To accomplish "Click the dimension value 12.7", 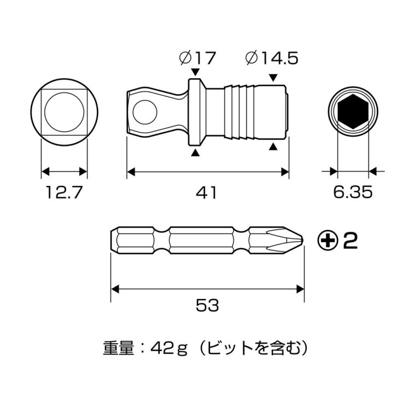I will [64, 192].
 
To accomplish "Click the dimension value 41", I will [207, 192].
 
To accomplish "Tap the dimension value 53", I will [207, 305].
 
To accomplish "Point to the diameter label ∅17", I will [197, 58].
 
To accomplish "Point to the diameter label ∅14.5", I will [272, 58].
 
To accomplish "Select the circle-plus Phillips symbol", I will [327, 240].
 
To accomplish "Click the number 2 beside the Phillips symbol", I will [350, 240].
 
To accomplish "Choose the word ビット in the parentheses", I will [232, 348].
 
